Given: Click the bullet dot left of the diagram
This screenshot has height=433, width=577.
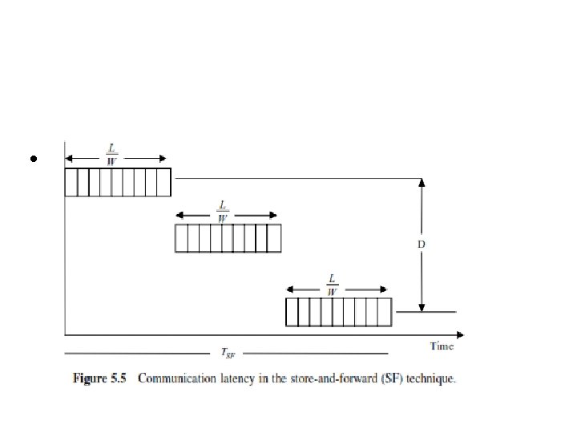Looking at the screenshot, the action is click(34, 160).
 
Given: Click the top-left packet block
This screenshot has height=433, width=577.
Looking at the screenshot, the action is click(118, 182).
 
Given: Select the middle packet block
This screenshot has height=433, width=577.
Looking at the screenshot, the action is click(228, 238).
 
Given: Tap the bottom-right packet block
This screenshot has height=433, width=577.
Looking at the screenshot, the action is click(339, 312).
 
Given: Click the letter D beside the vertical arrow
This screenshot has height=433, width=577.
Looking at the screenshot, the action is click(421, 243).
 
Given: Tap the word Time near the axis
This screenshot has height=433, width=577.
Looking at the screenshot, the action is click(442, 346).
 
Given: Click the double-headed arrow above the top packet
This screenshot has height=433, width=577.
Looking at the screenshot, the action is click(115, 158).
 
